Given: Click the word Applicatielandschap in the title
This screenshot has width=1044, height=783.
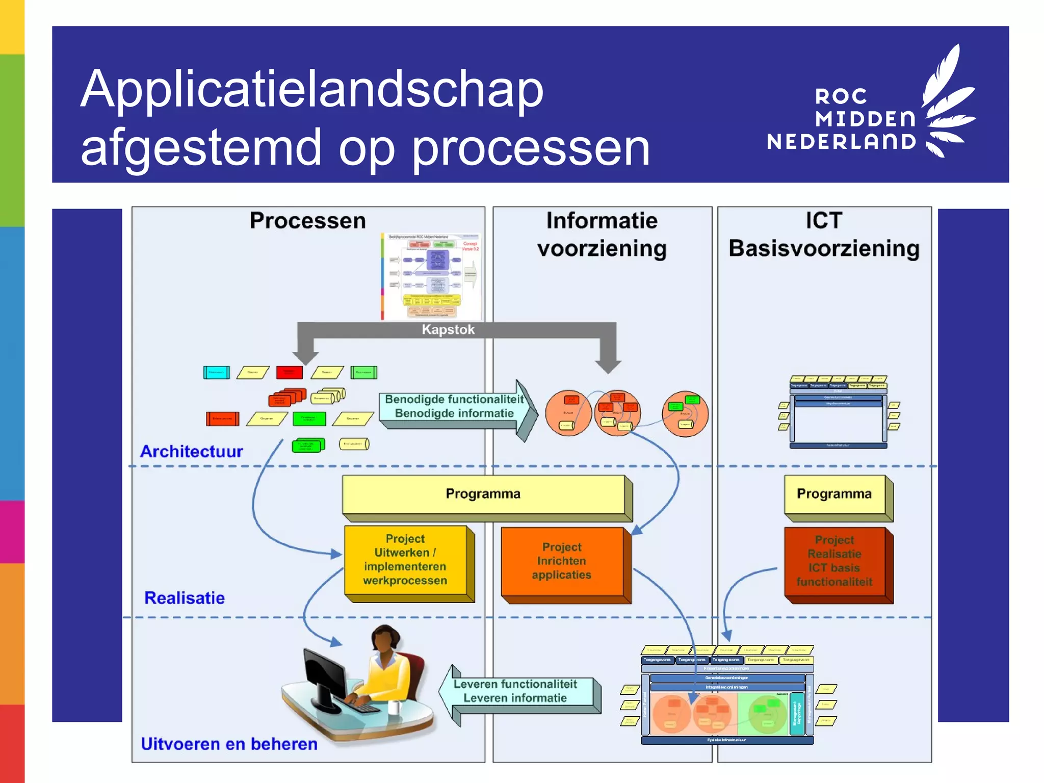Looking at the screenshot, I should tap(312, 89).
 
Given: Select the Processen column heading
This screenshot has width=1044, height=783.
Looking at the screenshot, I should tap(307, 221).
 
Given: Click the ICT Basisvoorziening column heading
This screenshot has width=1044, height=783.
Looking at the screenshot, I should tap(824, 234).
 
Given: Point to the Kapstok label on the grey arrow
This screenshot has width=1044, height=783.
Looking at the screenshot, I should tap(448, 329).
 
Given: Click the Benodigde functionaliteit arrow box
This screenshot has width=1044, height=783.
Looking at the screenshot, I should tap(454, 407).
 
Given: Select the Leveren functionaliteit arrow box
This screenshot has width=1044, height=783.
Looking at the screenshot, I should tap(515, 691).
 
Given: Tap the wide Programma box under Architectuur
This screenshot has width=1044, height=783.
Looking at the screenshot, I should tap(483, 494).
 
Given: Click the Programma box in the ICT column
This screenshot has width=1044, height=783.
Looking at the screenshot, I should tap(834, 494).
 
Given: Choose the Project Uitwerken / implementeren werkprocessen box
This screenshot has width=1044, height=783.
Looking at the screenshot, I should tap(405, 560).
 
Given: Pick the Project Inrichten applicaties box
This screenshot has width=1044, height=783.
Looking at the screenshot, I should tap(561, 561).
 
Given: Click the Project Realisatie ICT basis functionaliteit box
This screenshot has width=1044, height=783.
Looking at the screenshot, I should tap(834, 561).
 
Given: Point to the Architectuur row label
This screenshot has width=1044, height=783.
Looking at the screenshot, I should tap(192, 451).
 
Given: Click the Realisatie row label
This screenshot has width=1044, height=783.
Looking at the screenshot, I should tap(185, 597).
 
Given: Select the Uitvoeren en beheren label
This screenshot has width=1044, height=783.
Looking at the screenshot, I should tap(229, 744).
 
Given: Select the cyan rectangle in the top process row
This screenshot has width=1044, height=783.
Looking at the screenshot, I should tap(216, 373).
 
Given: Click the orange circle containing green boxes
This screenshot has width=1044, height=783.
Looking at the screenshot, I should tap(685, 413).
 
